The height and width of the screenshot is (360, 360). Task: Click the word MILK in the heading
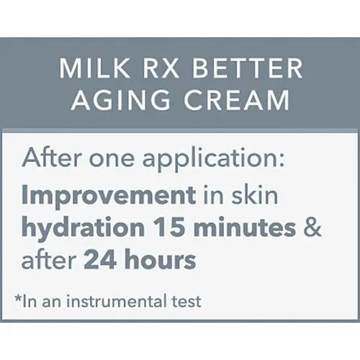(94, 68)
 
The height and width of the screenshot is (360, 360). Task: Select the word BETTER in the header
(247, 68)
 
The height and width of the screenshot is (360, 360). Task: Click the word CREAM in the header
(237, 100)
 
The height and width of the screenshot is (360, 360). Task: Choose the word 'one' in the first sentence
(112, 160)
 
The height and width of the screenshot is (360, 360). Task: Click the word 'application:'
(214, 160)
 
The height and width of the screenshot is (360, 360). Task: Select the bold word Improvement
(109, 195)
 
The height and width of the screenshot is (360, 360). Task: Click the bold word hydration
(83, 228)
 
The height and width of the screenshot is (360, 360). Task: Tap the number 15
(170, 227)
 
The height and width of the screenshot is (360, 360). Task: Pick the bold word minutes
(245, 228)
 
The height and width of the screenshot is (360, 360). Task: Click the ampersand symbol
(312, 227)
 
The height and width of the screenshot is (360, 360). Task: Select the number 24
(100, 260)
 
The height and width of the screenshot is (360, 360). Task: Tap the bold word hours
(161, 259)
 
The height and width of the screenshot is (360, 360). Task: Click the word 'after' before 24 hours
(49, 260)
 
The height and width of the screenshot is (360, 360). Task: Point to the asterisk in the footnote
(18, 298)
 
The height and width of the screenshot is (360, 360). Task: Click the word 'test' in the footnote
(186, 302)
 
